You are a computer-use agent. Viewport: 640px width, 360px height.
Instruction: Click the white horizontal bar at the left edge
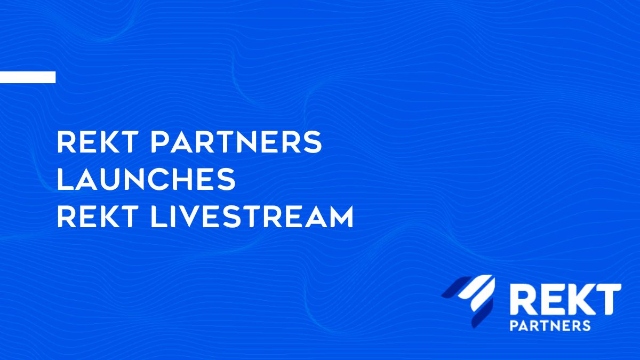point(28,77)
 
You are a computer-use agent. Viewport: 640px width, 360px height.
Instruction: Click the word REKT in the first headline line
point(95,142)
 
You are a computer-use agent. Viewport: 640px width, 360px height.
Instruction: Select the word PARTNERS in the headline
point(236,142)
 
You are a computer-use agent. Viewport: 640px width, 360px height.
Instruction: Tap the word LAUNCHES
point(146,179)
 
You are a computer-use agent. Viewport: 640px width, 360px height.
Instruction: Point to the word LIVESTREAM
point(252,217)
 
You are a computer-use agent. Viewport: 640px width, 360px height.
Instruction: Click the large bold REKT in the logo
point(565,299)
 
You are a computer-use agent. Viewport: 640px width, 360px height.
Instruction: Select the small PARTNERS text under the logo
point(550,326)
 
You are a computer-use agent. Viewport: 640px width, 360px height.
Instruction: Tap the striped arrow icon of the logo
point(469,301)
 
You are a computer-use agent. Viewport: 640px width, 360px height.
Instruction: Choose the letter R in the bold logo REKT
point(524,299)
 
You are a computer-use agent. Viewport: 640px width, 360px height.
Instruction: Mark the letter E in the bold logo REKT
point(549,299)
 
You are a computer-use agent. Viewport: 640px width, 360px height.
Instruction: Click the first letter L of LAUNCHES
point(65,179)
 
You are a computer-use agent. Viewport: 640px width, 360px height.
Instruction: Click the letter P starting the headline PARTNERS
point(159,142)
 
